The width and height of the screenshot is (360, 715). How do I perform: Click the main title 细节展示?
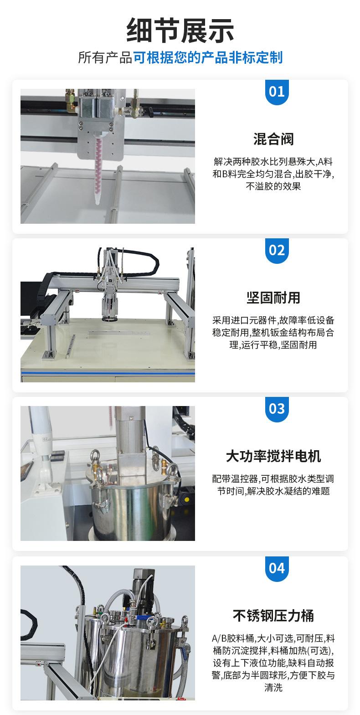tap(180, 31)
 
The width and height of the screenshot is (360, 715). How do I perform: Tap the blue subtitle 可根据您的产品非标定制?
tap(208, 58)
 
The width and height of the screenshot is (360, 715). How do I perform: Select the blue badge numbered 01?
tap(277, 92)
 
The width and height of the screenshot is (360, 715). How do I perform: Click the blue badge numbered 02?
tap(277, 251)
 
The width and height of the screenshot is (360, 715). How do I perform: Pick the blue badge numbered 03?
tap(277, 409)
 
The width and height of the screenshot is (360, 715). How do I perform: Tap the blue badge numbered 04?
tap(277, 568)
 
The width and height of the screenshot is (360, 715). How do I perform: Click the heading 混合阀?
tap(273, 139)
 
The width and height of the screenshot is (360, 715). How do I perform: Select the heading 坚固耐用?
tap(273, 298)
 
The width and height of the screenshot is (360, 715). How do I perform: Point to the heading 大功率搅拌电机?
tap(273, 456)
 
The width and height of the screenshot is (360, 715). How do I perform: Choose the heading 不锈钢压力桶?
tap(273, 615)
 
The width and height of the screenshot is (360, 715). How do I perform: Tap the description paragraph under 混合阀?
tap(273, 174)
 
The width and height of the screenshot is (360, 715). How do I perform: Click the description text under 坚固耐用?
tap(273, 333)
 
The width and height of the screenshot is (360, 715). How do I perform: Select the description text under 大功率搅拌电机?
tap(273, 485)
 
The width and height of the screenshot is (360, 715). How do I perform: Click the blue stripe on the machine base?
tap(108, 373)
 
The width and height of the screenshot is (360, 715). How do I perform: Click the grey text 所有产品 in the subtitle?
tap(105, 58)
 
